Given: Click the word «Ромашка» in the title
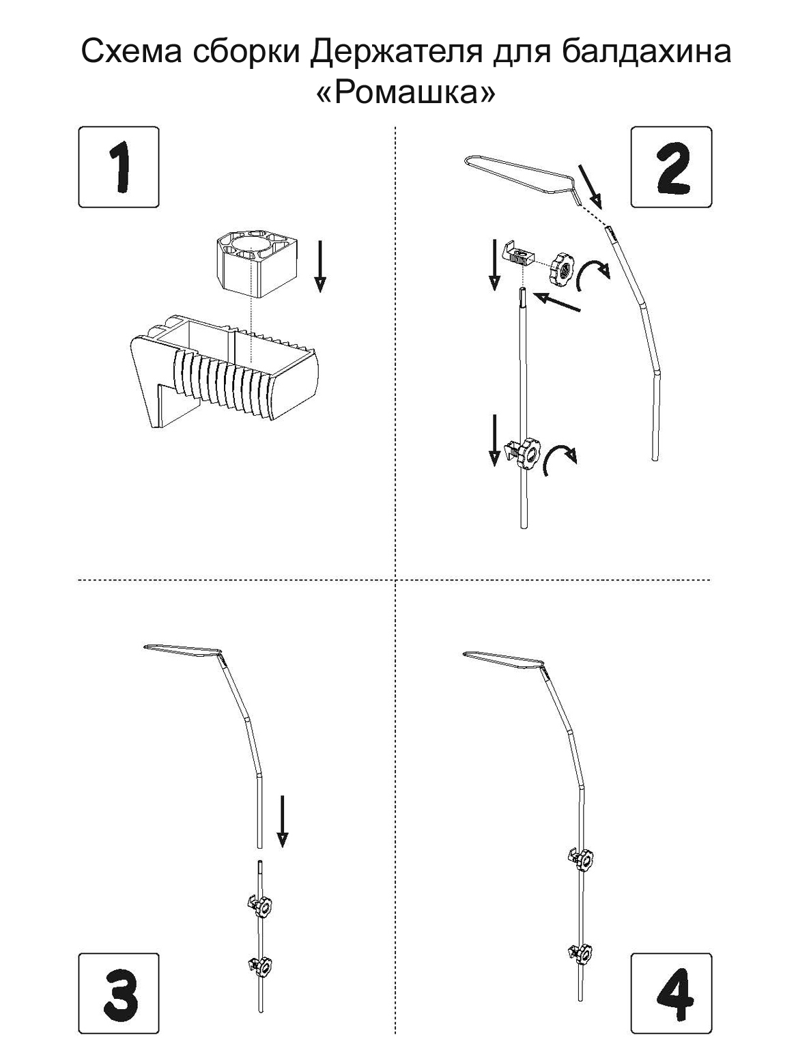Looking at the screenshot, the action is (x=406, y=92).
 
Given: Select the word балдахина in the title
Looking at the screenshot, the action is (x=646, y=52).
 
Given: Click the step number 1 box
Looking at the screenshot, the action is (x=118, y=167).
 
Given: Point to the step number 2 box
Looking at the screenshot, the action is (x=671, y=167).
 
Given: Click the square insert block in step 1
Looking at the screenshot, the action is (x=256, y=263).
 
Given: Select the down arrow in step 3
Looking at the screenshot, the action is (x=282, y=821).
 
